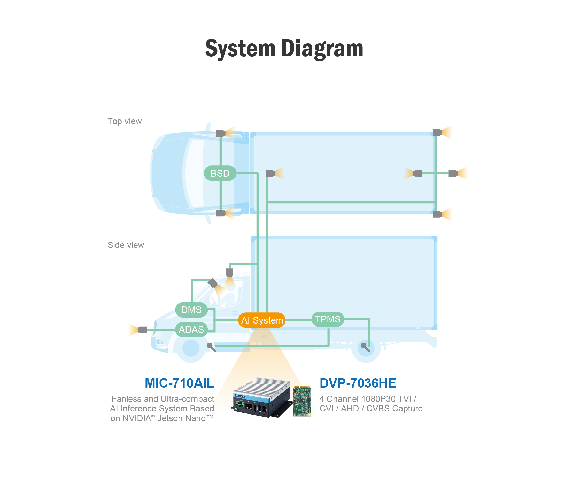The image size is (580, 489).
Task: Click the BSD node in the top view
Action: [x=220, y=173]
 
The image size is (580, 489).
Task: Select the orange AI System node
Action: [x=262, y=320]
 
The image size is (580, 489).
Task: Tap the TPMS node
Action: [x=328, y=319]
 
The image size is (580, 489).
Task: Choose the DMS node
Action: [x=191, y=310]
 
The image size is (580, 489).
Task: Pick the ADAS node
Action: [x=191, y=330]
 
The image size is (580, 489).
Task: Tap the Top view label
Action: [x=125, y=121]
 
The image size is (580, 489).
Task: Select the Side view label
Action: [x=126, y=245]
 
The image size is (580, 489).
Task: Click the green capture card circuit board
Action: [x=302, y=401]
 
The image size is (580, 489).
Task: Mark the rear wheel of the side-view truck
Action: [x=366, y=348]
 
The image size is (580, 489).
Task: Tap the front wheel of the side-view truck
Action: [x=191, y=348]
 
